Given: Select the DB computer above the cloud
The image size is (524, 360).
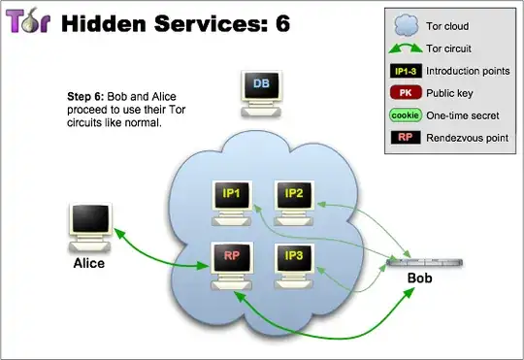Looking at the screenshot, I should click(x=260, y=85).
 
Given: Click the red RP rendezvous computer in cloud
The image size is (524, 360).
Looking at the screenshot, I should click(x=232, y=257).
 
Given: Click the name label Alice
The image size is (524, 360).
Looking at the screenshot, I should click(x=88, y=262).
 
